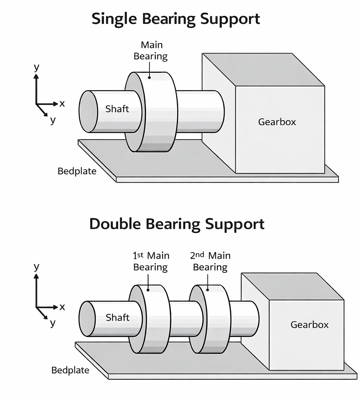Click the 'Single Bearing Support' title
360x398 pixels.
click(176, 19)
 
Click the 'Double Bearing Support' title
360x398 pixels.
click(176, 224)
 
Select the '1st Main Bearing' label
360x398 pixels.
click(151, 261)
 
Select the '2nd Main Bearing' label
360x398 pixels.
click(210, 261)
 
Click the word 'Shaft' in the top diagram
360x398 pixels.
click(117, 109)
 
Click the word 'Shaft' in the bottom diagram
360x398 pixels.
click(117, 317)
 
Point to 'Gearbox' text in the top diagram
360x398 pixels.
click(277, 122)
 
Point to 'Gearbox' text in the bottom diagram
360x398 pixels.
click(309, 325)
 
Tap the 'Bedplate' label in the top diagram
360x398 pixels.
click(77, 171)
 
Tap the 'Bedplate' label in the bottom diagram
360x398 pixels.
click(70, 370)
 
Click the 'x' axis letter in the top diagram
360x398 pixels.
click(62, 103)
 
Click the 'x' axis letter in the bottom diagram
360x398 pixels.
click(62, 307)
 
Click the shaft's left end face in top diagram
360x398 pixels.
click(88, 111)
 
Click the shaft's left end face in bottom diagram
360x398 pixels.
click(87, 319)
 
